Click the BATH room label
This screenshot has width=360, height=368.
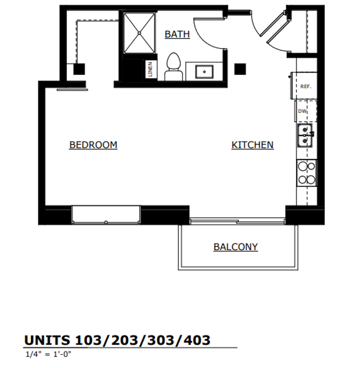[x=177, y=34]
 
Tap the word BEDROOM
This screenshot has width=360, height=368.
[x=93, y=145]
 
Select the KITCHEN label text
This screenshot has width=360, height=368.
[x=252, y=145]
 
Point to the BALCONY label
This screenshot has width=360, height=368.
[x=235, y=247]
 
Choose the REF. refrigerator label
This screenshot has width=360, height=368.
[x=306, y=87]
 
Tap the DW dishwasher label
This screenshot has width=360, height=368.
[x=302, y=111]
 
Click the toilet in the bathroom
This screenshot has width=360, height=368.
[x=173, y=67]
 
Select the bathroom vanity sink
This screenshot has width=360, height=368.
[x=204, y=72]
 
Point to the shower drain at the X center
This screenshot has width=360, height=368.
[x=139, y=33]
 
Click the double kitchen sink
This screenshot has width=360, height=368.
[x=306, y=135]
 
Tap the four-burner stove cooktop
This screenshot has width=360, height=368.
[x=307, y=173]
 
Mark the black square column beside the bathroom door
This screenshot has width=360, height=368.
[x=240, y=69]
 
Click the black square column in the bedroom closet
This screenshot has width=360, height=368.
[x=79, y=69]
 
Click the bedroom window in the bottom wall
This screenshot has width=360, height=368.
[x=106, y=215]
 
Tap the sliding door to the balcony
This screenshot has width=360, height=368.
[x=237, y=221]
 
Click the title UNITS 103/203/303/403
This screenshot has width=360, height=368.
[x=117, y=340]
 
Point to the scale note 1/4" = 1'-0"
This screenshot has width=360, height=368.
[x=48, y=354]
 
